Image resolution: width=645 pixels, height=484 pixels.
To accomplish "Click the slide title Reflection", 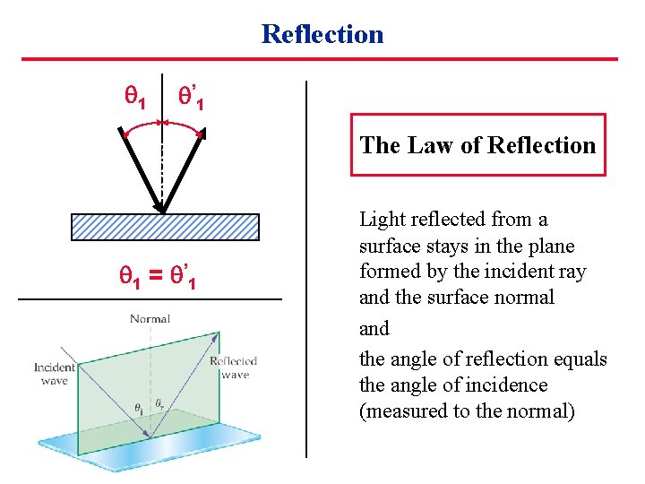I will click(322, 34).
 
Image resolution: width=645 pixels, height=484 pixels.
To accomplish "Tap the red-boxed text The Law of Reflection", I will click(477, 145).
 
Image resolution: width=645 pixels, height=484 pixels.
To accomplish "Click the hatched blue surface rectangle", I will click(165, 228).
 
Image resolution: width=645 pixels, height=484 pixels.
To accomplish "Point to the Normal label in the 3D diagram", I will click(150, 319).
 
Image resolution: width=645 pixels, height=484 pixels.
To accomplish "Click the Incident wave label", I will click(55, 374).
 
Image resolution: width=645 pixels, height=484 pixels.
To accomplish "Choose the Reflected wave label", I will click(233, 367).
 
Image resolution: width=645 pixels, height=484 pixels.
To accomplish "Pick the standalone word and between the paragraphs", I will click(374, 329).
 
